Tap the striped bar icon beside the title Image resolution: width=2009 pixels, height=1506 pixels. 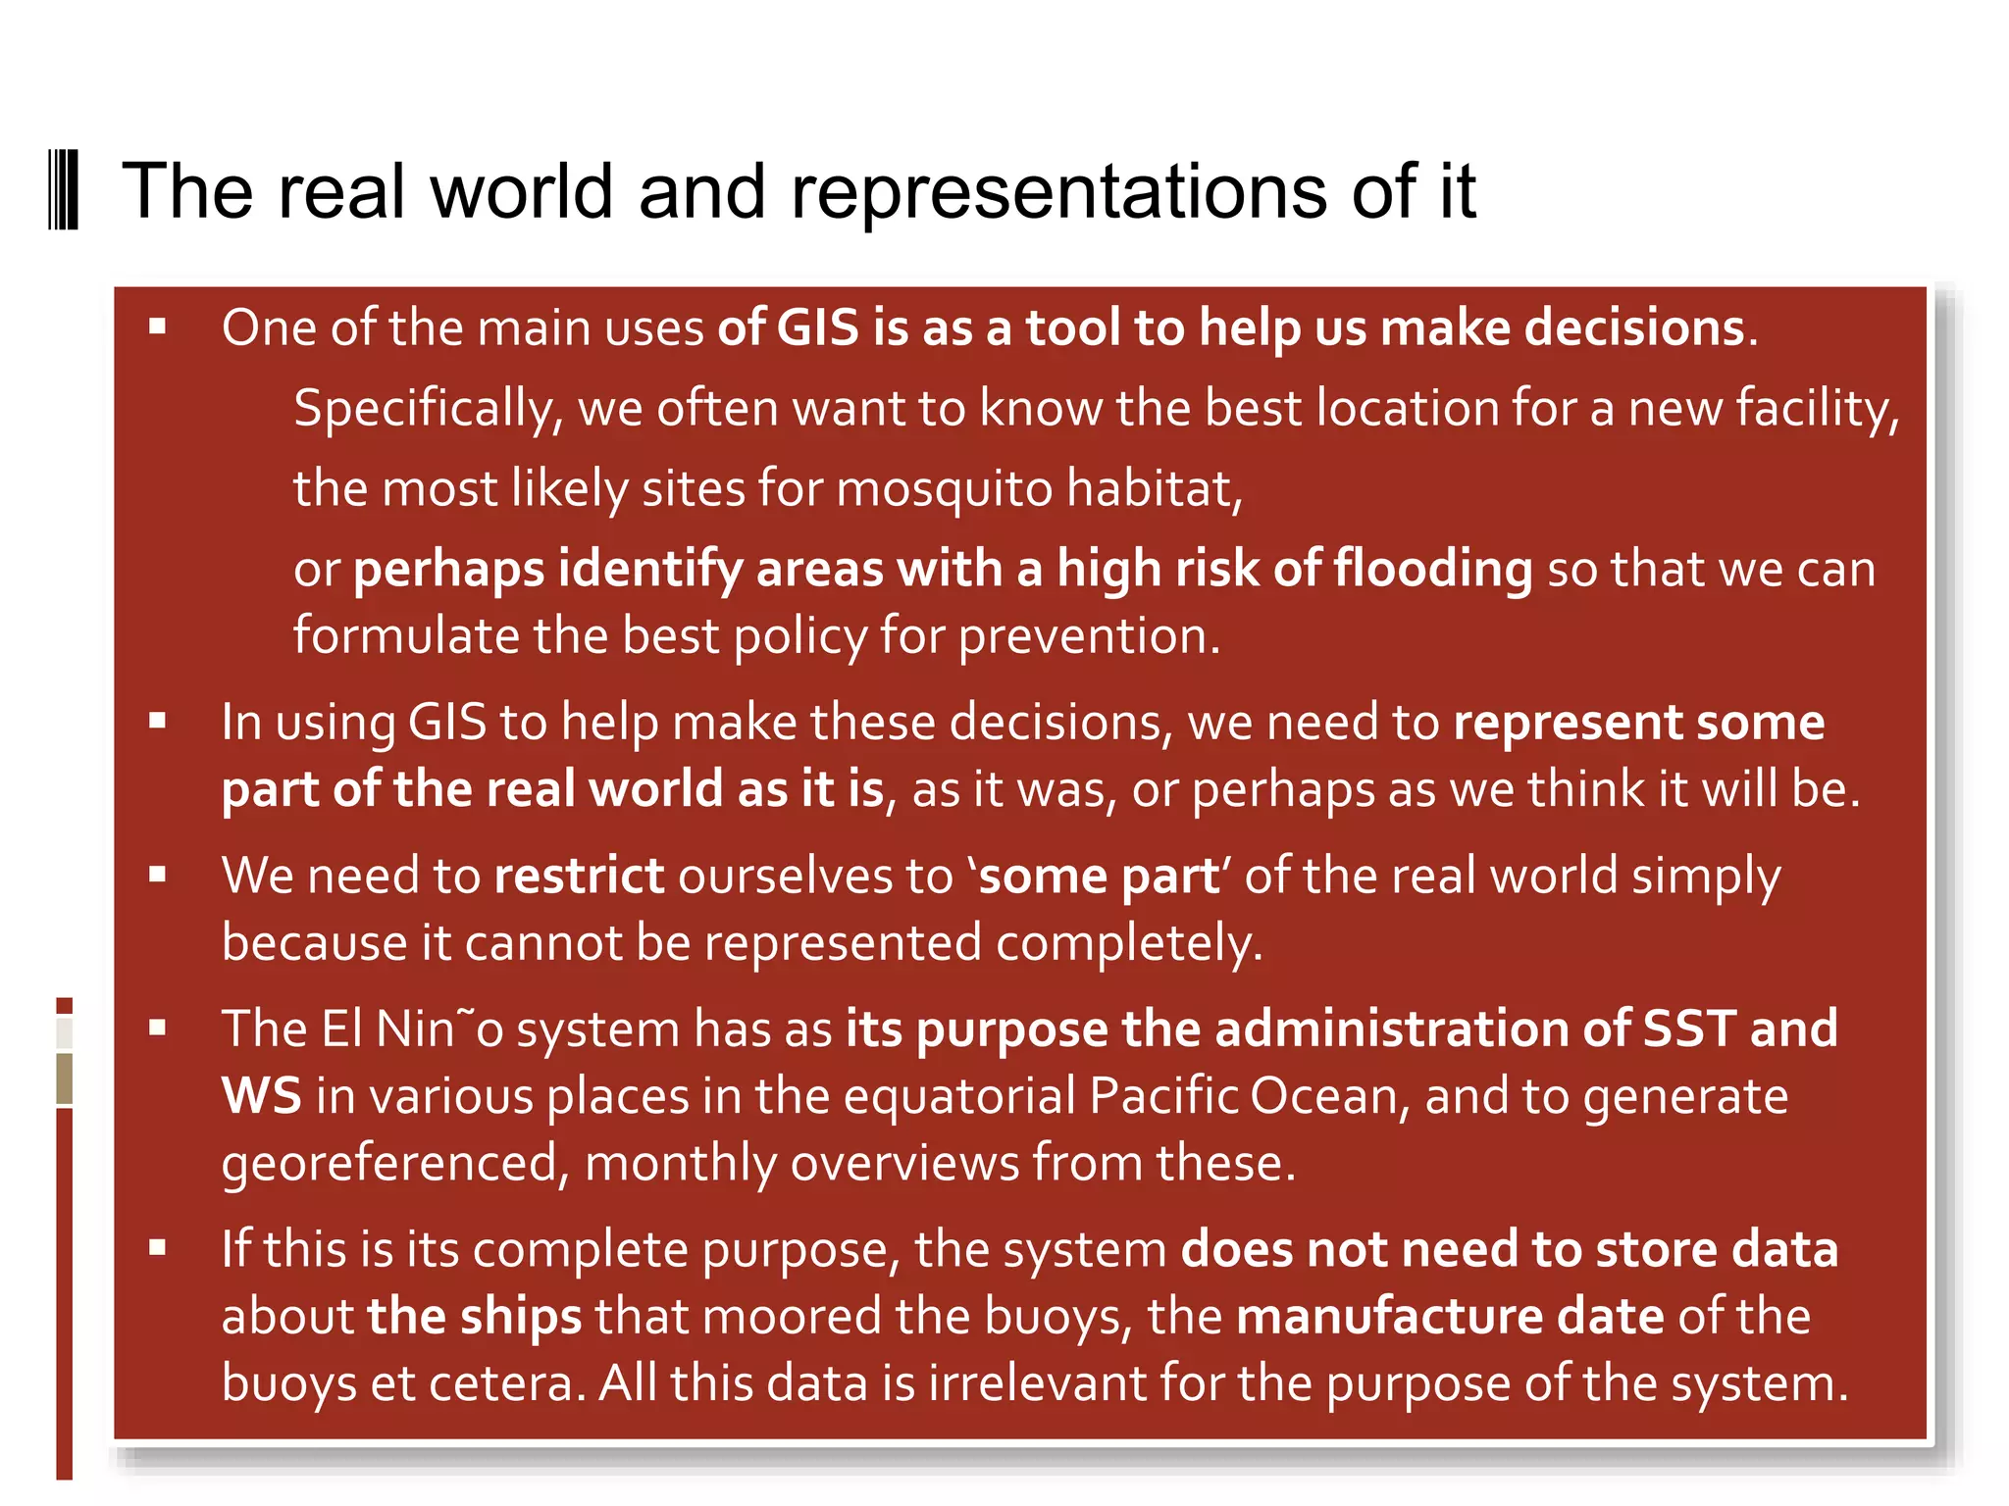coord(64,190)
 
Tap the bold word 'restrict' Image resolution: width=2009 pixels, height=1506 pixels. coord(579,876)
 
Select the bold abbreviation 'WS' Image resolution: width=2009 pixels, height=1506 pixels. coord(261,1096)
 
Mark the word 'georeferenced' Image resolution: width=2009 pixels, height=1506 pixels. coord(389,1164)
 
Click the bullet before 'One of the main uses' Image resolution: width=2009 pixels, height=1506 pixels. coord(158,327)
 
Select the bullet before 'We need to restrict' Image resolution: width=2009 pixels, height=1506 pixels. coord(158,875)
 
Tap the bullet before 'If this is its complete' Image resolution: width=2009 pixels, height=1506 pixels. coord(158,1248)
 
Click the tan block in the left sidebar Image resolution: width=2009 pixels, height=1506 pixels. coord(65,1079)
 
